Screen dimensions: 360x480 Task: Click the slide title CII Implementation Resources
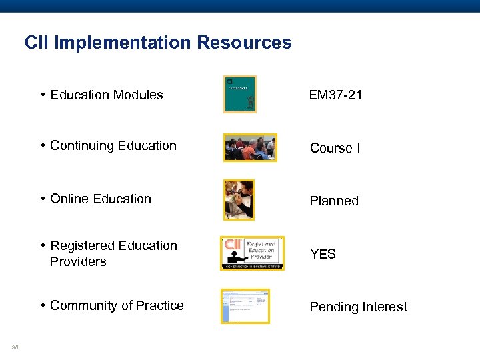pyautogui.click(x=158, y=43)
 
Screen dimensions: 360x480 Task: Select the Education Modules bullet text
pyautogui.click(x=106, y=95)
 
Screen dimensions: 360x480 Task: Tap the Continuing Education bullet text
pyautogui.click(x=113, y=145)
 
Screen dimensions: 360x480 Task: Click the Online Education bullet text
pyautogui.click(x=100, y=199)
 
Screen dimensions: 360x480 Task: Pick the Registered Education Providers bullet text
pyautogui.click(x=113, y=253)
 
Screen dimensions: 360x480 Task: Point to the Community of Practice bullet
pyautogui.click(x=116, y=305)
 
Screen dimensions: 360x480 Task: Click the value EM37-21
pyautogui.click(x=335, y=95)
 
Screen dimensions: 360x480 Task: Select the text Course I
pyautogui.click(x=335, y=148)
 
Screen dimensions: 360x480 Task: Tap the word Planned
pyautogui.click(x=334, y=201)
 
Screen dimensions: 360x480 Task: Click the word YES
pyautogui.click(x=323, y=254)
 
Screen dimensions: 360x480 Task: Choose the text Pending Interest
pyautogui.click(x=358, y=307)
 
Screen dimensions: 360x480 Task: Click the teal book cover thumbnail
pyautogui.click(x=239, y=94)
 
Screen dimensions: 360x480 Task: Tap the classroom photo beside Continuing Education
pyautogui.click(x=250, y=147)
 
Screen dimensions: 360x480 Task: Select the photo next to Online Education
pyautogui.click(x=239, y=200)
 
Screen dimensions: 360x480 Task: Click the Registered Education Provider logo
pyautogui.click(x=252, y=253)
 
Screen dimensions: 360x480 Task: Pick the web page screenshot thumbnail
pyautogui.click(x=245, y=306)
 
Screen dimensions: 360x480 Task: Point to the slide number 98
pyautogui.click(x=15, y=346)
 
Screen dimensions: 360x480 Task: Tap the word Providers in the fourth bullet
pyautogui.click(x=78, y=261)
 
